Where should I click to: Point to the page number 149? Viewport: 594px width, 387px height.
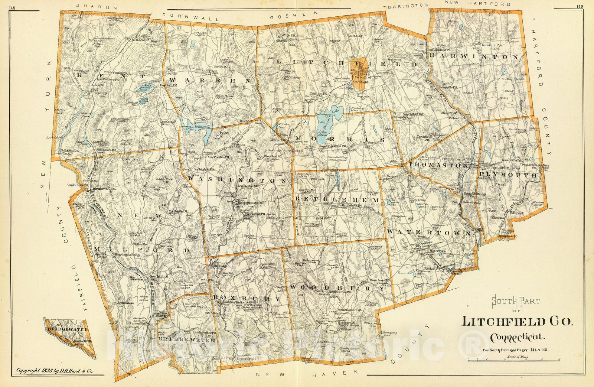(580, 6)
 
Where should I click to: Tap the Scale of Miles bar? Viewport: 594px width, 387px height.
(514, 360)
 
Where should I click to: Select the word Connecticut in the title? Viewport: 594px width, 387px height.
(518, 338)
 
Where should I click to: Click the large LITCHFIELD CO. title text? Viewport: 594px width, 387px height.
(517, 321)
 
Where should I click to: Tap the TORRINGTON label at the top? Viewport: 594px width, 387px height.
(406, 6)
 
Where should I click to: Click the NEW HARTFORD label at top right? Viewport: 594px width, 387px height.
(478, 4)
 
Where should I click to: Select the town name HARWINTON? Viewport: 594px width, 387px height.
(473, 56)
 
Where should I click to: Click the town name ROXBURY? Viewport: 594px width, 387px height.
(247, 298)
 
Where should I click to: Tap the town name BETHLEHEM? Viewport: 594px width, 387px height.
(337, 200)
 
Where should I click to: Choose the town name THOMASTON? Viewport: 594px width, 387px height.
(438, 165)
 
